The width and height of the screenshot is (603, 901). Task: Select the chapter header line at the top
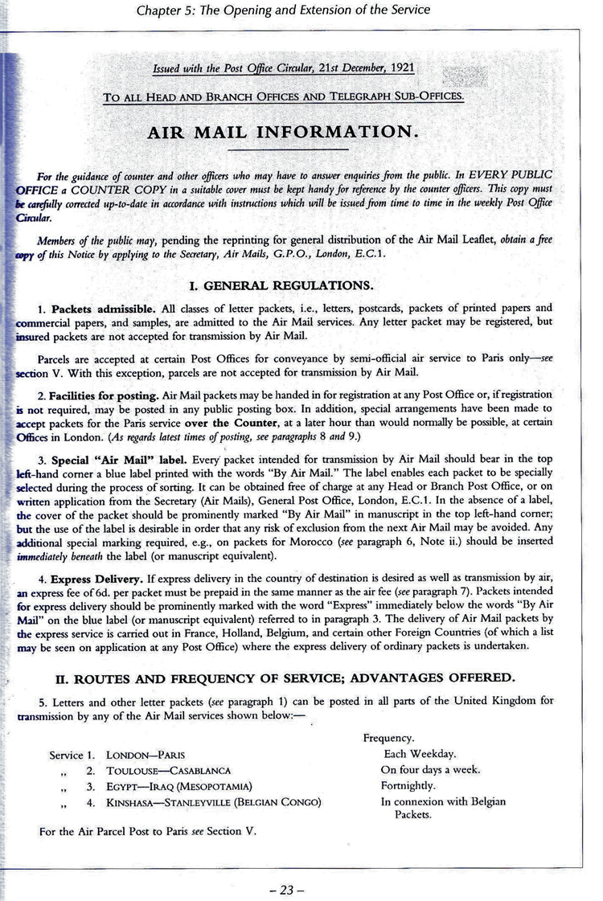click(284, 10)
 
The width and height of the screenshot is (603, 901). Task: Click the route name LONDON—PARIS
click(146, 756)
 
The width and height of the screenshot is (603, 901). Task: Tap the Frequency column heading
click(388, 738)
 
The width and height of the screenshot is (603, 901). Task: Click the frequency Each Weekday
click(420, 754)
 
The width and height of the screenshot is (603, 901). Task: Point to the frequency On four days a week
click(430, 770)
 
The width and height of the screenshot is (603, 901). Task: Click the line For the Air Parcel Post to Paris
click(147, 832)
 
